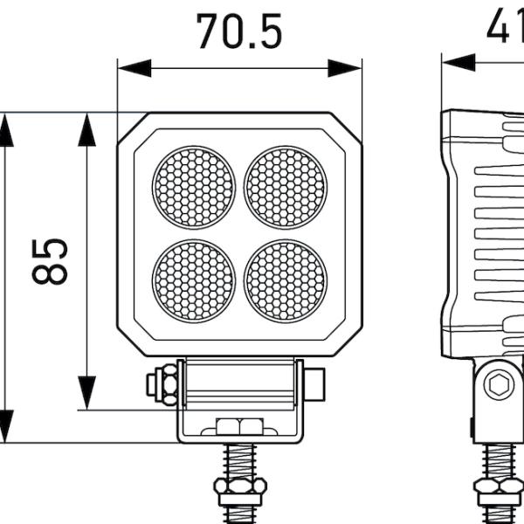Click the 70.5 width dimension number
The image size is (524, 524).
pos(238,31)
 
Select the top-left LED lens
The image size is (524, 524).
pos(194,187)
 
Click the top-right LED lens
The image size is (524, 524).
pos(285,187)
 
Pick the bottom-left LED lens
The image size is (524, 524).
pos(194,280)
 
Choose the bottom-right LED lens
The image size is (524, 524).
pos(285,280)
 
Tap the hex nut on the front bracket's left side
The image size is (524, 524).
pos(164,384)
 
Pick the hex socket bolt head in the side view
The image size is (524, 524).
pos(500,383)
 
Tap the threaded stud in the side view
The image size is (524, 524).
pos(499,459)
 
